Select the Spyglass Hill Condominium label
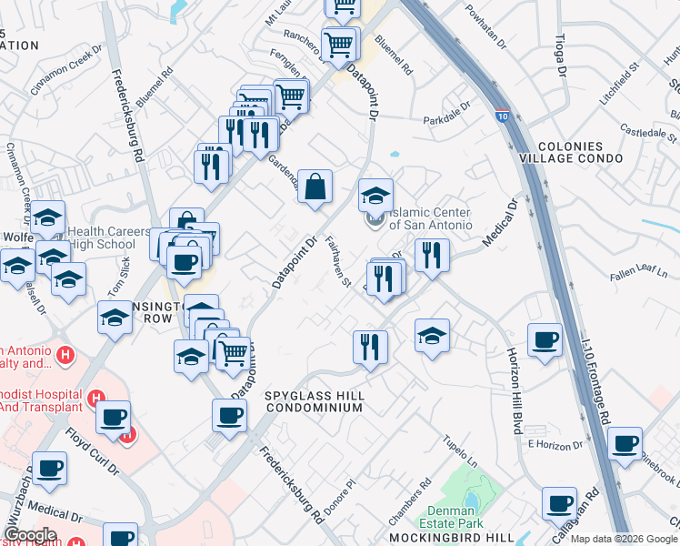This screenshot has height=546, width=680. pos(315,402)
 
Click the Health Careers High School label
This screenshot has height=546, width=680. pos(107,238)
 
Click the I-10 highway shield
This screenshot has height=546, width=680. pos(503,116)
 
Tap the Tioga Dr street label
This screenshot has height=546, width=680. pos(560,55)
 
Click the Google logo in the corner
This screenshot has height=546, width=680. pos(30,535)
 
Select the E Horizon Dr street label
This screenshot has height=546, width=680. pos(554,444)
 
